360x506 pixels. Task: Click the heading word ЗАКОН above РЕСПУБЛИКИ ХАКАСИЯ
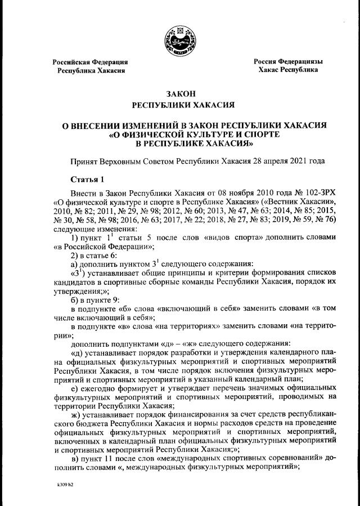point(180,93)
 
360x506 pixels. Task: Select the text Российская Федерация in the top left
point(91,61)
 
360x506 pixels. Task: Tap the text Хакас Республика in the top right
point(288,70)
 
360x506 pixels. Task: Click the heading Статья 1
point(87,180)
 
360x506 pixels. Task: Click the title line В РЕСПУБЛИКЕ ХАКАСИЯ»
point(180,144)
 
